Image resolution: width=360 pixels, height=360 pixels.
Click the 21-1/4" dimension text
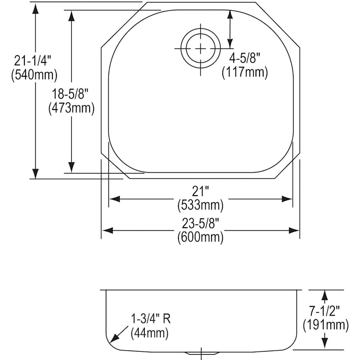tap(33, 61)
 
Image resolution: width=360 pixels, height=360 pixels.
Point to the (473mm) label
tap(71, 108)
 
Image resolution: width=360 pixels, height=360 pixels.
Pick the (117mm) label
tap(244, 72)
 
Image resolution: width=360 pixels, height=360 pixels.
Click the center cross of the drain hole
tap(200, 48)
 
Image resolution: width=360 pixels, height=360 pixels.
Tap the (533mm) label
tap(200, 205)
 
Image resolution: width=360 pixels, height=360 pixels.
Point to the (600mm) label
tap(200, 237)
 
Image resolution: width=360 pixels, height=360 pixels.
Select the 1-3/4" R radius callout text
tap(150, 319)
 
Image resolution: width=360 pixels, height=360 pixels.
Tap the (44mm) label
tap(149, 332)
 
